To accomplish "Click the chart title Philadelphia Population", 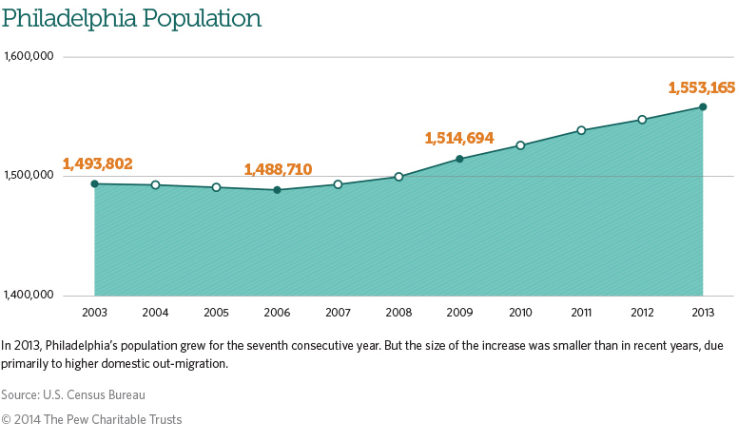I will coord(131,18).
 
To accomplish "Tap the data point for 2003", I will coord(94,183).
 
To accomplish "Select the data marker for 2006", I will coord(277,190).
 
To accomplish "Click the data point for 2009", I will coord(459,159).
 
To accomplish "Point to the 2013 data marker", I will coord(703,106).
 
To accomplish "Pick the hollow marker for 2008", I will coord(398,177).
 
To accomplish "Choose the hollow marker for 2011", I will coord(581,130).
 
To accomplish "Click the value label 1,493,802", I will coord(97,163).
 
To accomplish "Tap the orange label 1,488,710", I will coord(278,169).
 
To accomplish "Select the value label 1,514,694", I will coord(459,139).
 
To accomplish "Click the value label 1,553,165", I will coord(701,87).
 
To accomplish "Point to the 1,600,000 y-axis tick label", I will coord(29,56).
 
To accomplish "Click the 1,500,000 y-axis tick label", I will coord(29,175).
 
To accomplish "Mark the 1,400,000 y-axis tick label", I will coord(29,294).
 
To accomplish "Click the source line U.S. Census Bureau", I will coord(73,393).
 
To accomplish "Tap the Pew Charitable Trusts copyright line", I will coord(91,419).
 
